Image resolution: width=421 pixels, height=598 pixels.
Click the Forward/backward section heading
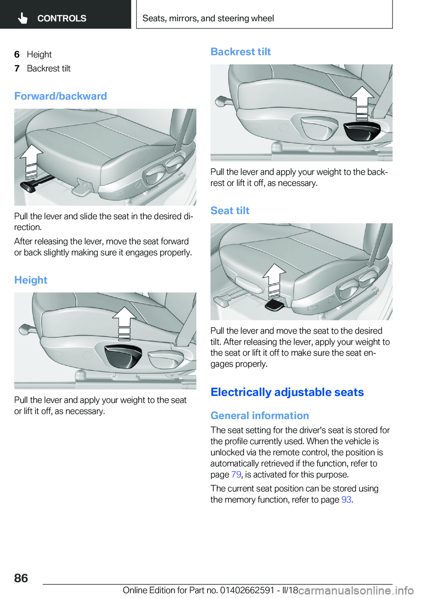[61, 96]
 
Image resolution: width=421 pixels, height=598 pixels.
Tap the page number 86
[21, 578]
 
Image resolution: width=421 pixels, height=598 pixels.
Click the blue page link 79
[236, 475]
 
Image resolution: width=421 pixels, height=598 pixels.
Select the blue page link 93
[346, 500]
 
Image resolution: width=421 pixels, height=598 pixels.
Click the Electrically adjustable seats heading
[287, 392]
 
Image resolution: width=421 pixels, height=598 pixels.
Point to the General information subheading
[260, 415]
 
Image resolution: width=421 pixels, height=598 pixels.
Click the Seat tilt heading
[230, 211]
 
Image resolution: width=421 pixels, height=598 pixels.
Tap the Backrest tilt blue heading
[240, 52]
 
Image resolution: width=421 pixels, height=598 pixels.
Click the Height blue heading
[31, 280]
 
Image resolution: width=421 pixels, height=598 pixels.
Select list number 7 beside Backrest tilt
[17, 68]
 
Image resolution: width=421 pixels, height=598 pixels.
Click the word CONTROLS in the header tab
[62, 18]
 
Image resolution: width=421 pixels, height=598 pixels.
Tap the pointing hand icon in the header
[23, 18]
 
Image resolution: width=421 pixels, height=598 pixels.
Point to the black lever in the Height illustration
[123, 355]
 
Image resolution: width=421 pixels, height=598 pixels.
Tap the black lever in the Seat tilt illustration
[275, 305]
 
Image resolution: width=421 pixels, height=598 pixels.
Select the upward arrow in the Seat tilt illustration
[274, 280]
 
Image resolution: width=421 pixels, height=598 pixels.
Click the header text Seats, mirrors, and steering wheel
[208, 18]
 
